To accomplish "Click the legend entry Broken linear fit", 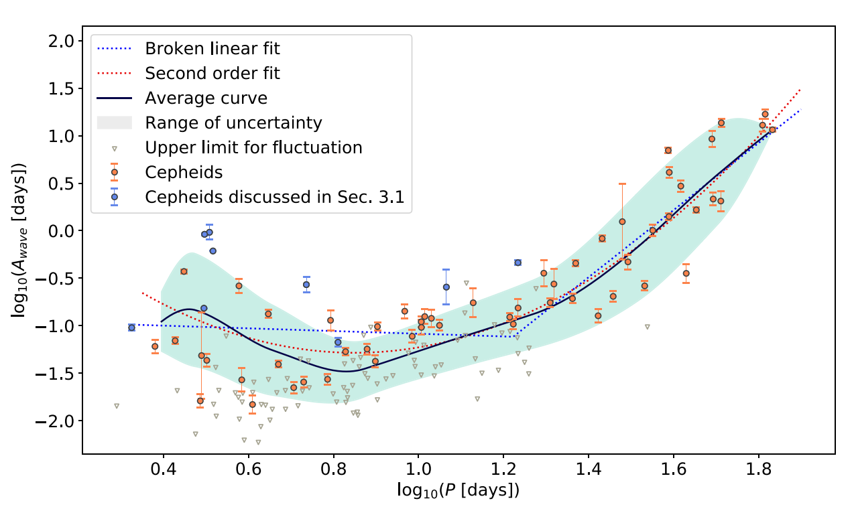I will click(x=212, y=49).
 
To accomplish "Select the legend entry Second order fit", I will click(x=212, y=73).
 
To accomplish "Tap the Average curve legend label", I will click(x=206, y=98).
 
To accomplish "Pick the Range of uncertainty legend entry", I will click(x=233, y=123).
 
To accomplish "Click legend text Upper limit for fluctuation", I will click(x=253, y=147).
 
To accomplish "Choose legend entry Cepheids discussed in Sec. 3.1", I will click(x=278, y=197).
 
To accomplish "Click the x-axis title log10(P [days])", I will click(x=458, y=491).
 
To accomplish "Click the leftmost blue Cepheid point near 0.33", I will click(x=132, y=327).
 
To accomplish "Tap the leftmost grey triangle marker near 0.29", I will click(x=117, y=406).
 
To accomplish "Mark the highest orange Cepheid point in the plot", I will click(x=765, y=114).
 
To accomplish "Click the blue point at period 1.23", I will click(x=518, y=263).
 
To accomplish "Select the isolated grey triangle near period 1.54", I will click(x=648, y=327).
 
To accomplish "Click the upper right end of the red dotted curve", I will click(x=800, y=89).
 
